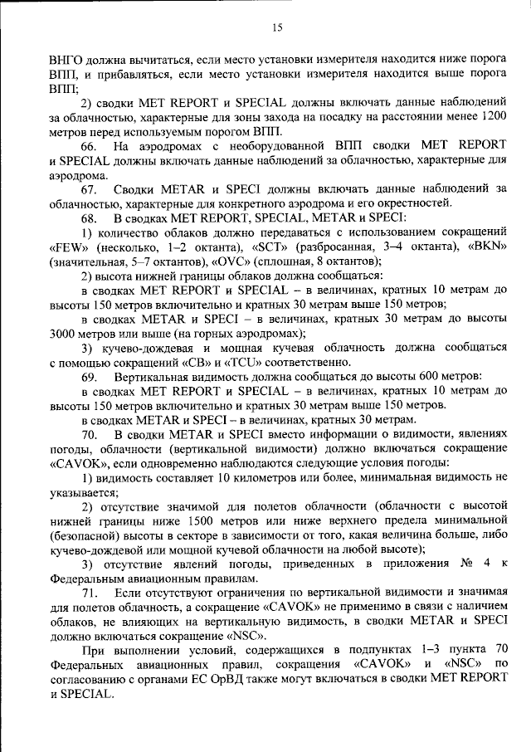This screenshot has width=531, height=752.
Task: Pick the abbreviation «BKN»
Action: point(481,247)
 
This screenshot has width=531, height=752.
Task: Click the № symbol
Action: point(465,564)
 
